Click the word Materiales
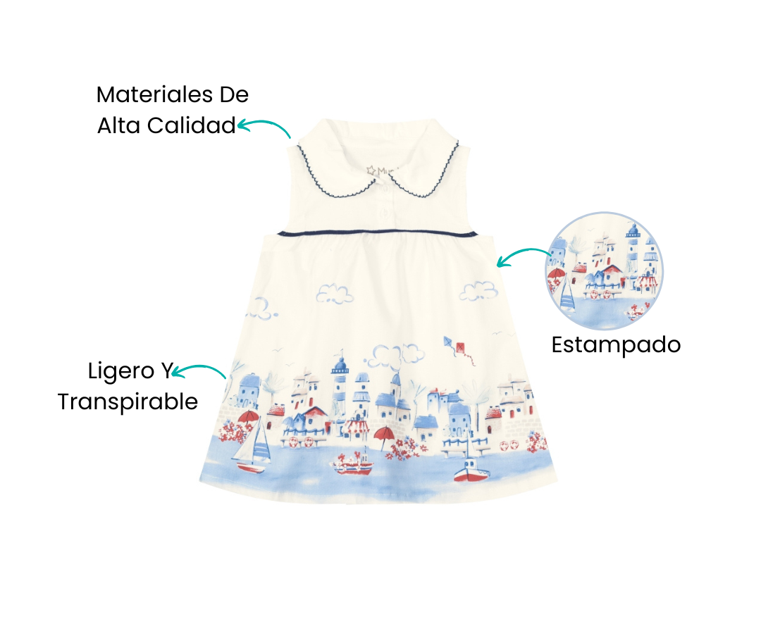155,94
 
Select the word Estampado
616,346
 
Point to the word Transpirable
128,402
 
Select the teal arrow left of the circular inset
522,253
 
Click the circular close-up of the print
605,271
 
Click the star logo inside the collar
372,170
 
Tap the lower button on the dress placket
385,213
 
